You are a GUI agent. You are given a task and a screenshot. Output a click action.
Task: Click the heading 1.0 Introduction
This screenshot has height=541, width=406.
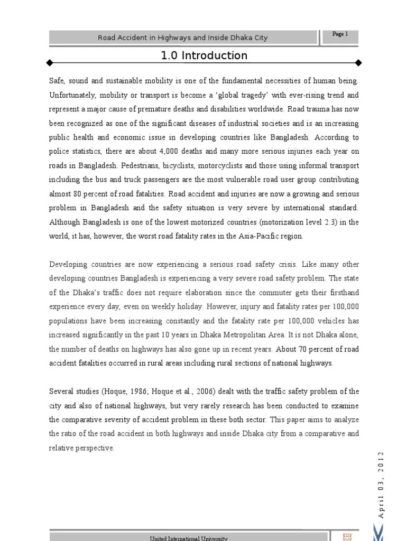click(204, 55)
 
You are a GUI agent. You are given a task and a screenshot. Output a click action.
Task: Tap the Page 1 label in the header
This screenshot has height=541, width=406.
click(340, 34)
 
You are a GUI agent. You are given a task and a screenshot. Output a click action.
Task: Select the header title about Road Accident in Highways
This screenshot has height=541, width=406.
click(183, 38)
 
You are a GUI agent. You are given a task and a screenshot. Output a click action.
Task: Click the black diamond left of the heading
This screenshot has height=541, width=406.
click(49, 63)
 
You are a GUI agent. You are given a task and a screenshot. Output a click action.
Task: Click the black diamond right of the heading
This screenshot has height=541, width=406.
click(359, 63)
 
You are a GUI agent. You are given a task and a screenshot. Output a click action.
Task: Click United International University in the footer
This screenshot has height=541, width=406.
click(189, 538)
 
